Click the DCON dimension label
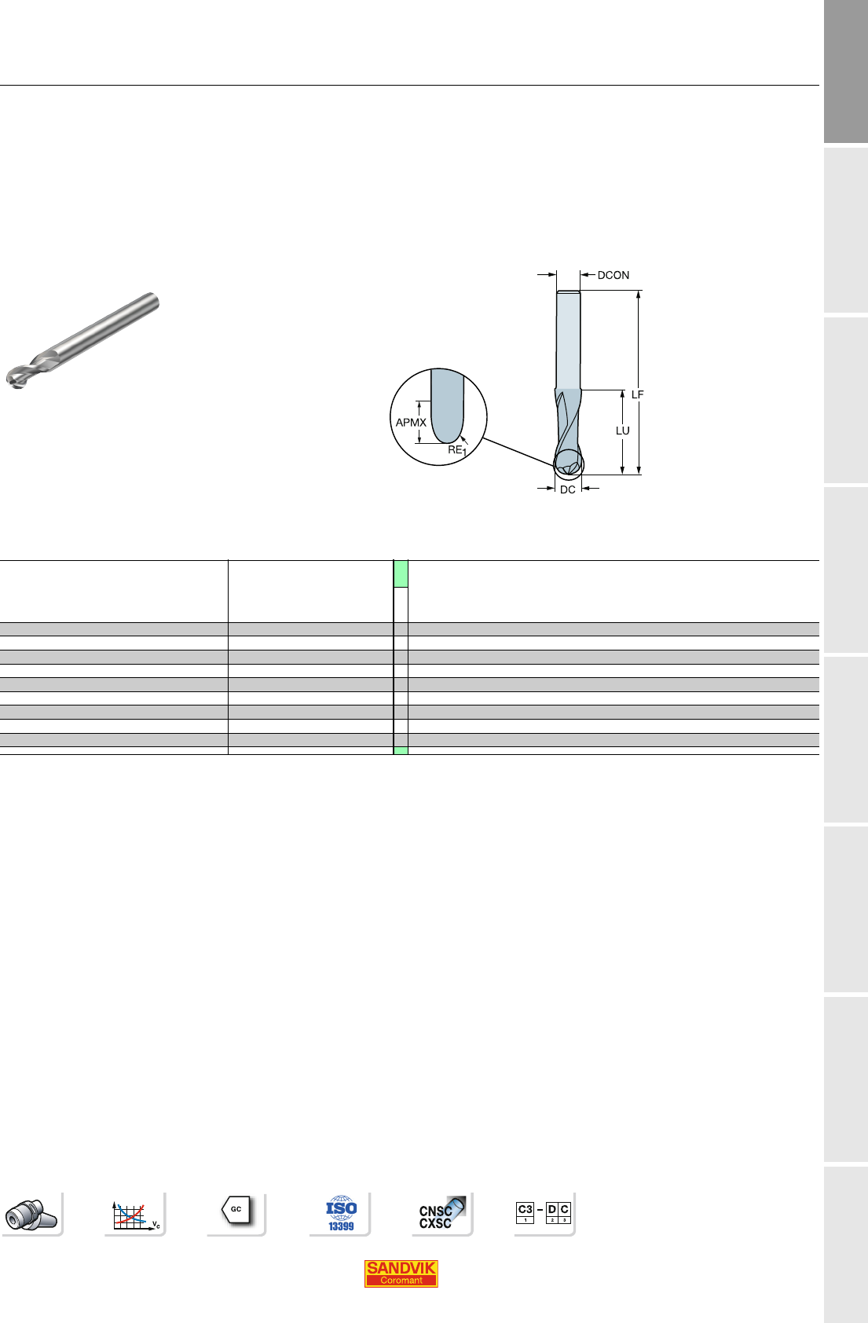click(x=613, y=275)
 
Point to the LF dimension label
click(x=637, y=394)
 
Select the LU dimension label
click(x=622, y=431)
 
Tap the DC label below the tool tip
click(x=567, y=489)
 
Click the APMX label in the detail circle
click(x=411, y=423)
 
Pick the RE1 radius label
click(x=457, y=450)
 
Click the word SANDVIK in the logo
click(x=401, y=1267)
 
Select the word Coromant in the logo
click(x=401, y=1280)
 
